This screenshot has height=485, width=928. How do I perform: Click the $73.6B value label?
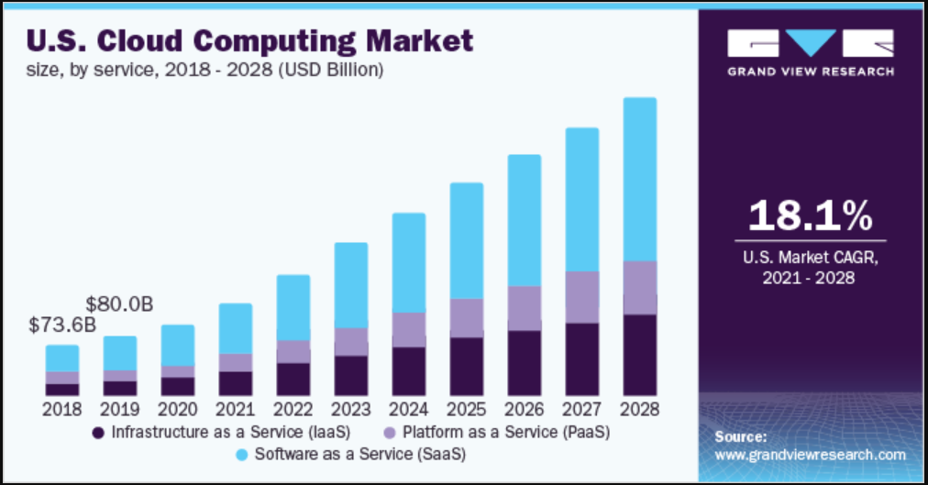61,325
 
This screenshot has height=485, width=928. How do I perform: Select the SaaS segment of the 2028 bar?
640,179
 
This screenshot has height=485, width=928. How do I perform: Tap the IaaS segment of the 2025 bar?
467,367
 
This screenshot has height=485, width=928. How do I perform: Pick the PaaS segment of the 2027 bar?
582,297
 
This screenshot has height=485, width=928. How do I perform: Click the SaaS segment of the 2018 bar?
62,358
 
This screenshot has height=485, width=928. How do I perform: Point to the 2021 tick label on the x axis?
236,409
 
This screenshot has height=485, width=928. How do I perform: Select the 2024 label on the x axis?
409,409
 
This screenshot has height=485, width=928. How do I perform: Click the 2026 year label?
525,409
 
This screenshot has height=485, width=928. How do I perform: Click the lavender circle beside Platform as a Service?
390,431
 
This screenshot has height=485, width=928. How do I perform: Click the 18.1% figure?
810,216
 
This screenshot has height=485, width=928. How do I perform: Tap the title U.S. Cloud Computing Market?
250,41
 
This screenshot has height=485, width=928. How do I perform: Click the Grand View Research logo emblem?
810,44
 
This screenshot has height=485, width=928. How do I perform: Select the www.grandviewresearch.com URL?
810,455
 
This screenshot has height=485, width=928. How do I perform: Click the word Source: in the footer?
740,436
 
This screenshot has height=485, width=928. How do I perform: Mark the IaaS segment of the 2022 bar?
293,379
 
